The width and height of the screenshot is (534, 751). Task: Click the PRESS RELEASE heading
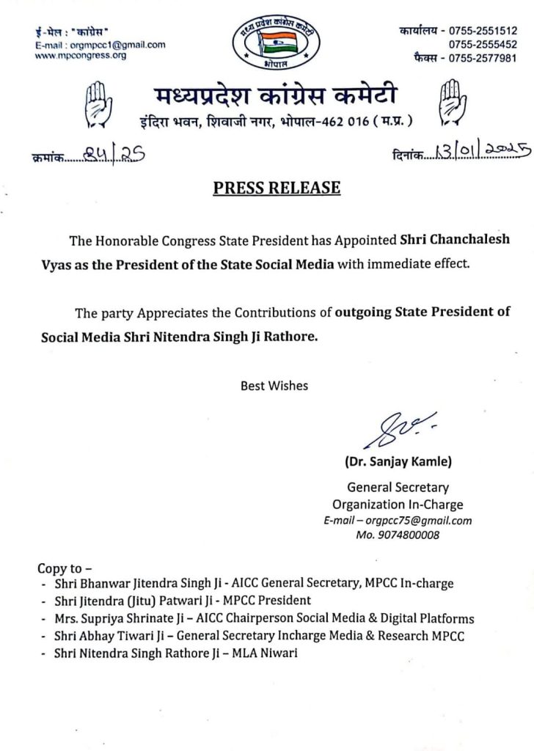click(277, 188)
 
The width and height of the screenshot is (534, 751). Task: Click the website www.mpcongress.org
click(81, 55)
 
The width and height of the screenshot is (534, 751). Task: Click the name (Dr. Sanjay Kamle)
click(398, 462)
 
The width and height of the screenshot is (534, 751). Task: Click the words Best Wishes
click(274, 385)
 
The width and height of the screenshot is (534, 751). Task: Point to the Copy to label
click(65, 568)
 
